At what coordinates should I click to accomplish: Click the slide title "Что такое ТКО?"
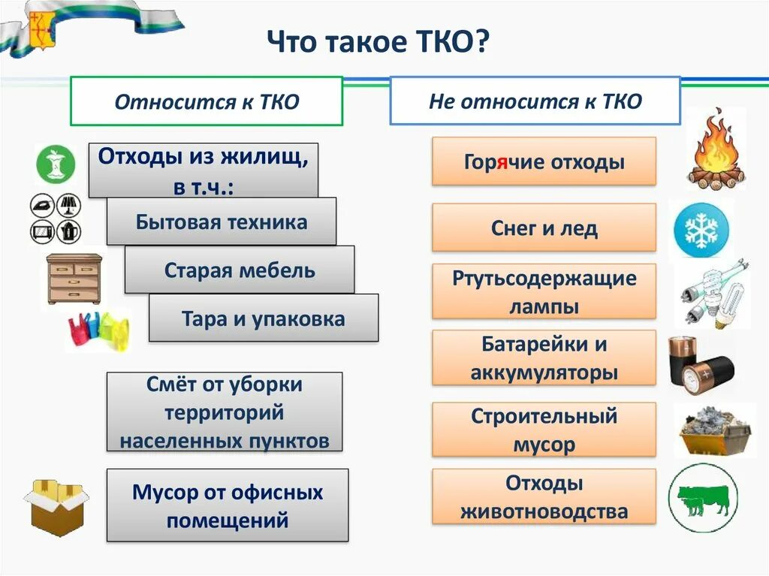click(x=378, y=44)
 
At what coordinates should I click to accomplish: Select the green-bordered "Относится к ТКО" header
click(x=207, y=101)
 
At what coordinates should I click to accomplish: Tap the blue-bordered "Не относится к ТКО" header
click(x=535, y=101)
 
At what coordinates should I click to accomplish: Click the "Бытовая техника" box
click(x=222, y=222)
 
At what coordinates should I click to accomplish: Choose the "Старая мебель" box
click(x=240, y=270)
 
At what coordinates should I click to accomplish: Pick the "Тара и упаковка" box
click(x=264, y=318)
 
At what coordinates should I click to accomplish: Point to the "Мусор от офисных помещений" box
click(x=228, y=505)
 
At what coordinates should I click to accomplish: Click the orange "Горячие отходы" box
click(x=544, y=161)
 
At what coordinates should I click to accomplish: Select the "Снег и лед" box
click(x=544, y=228)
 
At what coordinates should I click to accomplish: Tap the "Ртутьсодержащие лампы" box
click(x=544, y=292)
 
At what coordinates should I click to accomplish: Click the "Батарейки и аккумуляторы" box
click(x=544, y=357)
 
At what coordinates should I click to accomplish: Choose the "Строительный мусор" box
click(x=544, y=430)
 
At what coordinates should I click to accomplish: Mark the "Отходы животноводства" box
click(x=544, y=496)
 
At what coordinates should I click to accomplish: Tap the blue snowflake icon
click(x=700, y=228)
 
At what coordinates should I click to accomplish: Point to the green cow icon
click(x=704, y=498)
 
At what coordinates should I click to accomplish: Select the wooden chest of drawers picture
click(x=74, y=279)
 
